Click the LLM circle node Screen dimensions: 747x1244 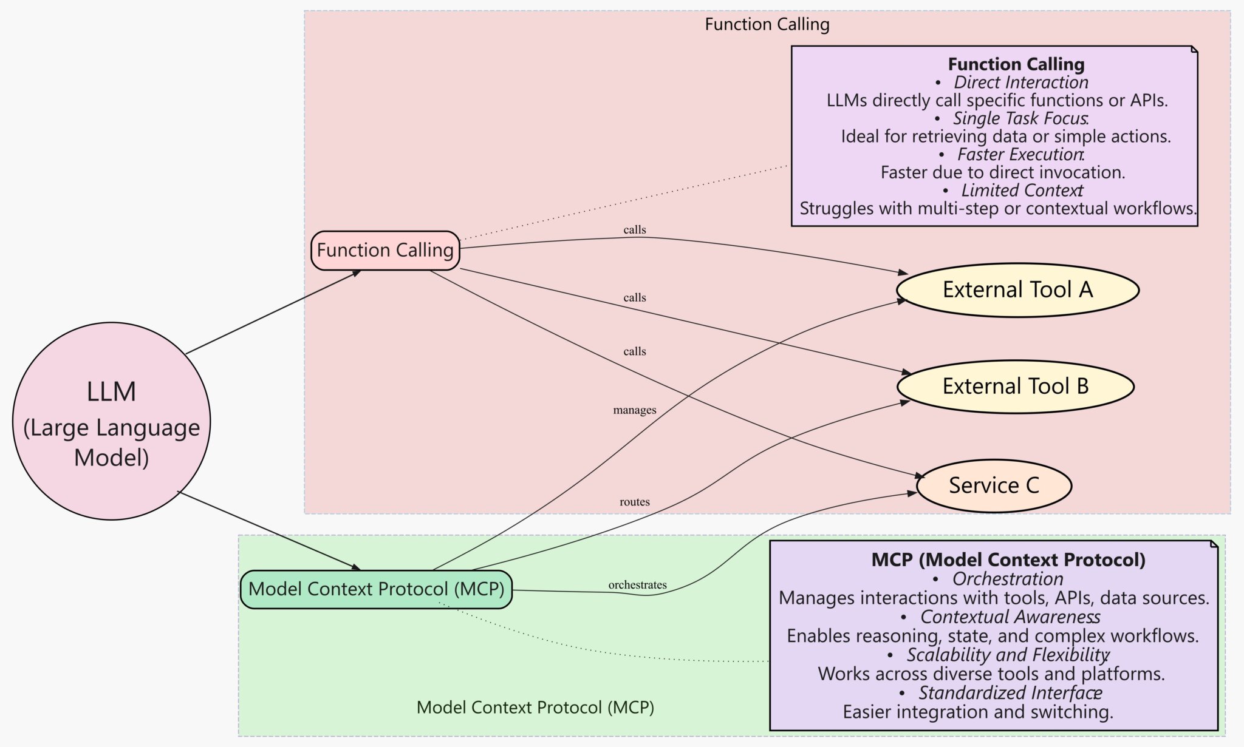(x=111, y=421)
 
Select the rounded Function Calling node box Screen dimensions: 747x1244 (x=385, y=250)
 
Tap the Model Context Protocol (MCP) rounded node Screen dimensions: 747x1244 (x=376, y=589)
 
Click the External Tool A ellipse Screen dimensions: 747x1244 (x=1017, y=290)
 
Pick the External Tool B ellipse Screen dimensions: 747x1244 (x=1015, y=387)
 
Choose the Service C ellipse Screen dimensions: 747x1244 (x=994, y=485)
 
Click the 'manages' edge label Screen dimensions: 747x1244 (x=635, y=410)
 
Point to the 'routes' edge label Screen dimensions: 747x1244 (x=635, y=502)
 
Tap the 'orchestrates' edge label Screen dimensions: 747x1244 (x=637, y=585)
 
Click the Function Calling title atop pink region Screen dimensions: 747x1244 (x=767, y=24)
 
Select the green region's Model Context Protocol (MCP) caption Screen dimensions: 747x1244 (x=535, y=707)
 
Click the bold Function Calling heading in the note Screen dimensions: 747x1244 (x=1016, y=64)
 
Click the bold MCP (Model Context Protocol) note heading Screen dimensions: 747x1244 (x=1008, y=559)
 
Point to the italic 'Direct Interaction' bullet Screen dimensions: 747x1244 (x=1020, y=83)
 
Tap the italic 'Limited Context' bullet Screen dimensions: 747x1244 (x=1022, y=191)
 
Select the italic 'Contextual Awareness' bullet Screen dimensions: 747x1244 (x=1010, y=617)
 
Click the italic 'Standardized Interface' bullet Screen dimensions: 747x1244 (x=1010, y=692)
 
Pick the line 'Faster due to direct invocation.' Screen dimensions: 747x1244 (x=1003, y=172)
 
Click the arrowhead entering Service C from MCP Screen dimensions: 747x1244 (x=911, y=493)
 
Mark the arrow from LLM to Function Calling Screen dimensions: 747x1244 (x=273, y=312)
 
